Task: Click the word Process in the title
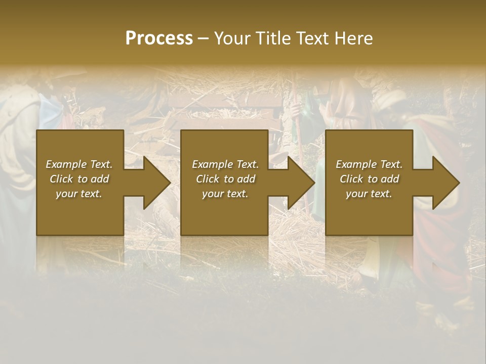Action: [x=159, y=38]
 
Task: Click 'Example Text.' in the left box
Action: [x=79, y=164]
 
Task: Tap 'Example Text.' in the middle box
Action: [x=225, y=164]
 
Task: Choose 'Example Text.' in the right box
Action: [x=369, y=164]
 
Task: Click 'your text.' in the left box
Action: [x=79, y=194]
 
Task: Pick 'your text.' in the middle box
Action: [x=225, y=194]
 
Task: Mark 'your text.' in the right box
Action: [x=369, y=194]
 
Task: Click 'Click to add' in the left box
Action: [x=79, y=179]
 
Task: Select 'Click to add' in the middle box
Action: [x=225, y=179]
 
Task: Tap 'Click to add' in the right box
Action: [x=369, y=179]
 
